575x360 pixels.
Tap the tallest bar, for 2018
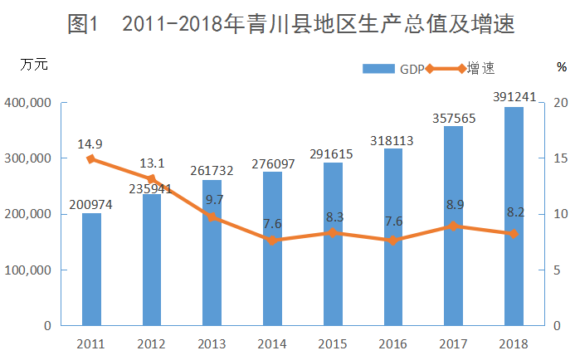(514, 216)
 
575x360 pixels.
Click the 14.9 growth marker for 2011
(91, 159)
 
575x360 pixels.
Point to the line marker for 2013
(212, 217)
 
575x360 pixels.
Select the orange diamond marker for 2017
(453, 226)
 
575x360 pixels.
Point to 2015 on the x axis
(332, 343)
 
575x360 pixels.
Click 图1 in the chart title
(83, 25)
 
